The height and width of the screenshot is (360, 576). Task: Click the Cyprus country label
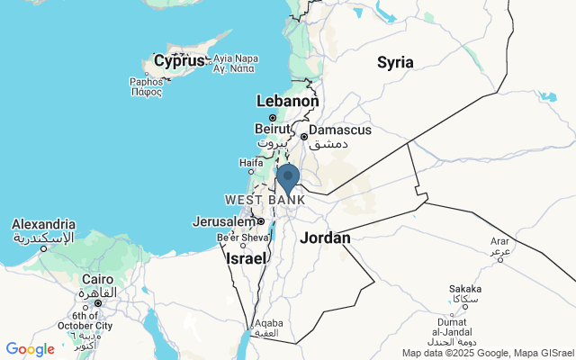point(179,61)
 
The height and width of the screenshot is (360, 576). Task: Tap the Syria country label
point(395,62)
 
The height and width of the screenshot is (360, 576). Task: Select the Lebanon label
point(288,102)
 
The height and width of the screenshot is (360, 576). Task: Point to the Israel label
point(246,258)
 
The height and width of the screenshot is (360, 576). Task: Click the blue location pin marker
point(288,178)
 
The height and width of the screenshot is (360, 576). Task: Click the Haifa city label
point(251,163)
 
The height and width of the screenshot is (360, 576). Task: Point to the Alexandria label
point(43,224)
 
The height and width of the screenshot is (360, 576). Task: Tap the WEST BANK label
point(265,199)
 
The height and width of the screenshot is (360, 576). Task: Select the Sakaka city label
point(465,290)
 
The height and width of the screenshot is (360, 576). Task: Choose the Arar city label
point(499,241)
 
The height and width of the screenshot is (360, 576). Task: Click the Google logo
point(30,348)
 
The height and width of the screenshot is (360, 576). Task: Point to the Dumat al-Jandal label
point(462,322)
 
